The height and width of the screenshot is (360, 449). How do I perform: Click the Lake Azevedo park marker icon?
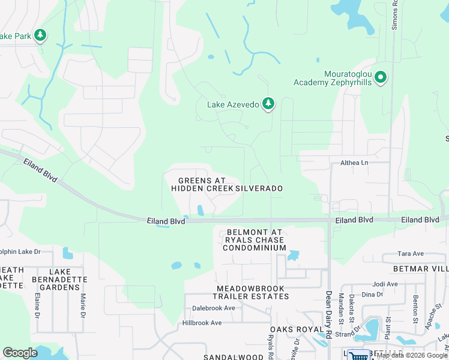tap(268, 104)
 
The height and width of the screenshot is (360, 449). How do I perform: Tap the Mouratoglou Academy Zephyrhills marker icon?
tap(380, 77)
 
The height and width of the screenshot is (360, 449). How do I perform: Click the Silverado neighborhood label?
tap(259, 188)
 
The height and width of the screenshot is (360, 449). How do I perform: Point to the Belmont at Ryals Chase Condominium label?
tap(255, 240)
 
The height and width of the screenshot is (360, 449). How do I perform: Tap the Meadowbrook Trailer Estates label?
tap(253, 292)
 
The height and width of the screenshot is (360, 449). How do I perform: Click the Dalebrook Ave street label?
tap(214, 308)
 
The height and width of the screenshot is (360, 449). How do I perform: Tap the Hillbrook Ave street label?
tap(202, 323)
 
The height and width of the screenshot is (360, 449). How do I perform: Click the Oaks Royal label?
tap(292, 329)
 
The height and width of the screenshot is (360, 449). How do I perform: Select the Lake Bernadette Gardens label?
tap(64, 280)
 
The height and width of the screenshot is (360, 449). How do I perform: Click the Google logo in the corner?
tap(20, 353)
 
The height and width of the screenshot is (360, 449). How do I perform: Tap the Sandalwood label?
tap(233, 357)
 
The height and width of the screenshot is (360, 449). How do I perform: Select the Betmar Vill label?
tap(420, 269)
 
